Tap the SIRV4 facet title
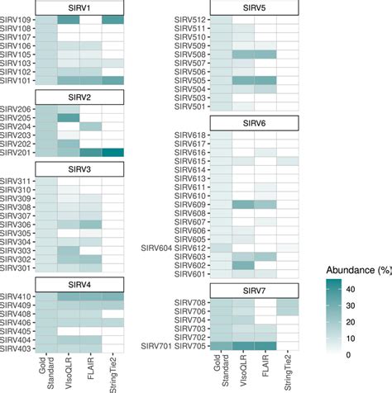79,285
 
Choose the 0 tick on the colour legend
373,353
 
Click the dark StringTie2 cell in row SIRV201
113,153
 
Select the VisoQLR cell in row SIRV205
69,117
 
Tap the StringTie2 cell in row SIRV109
113,20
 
